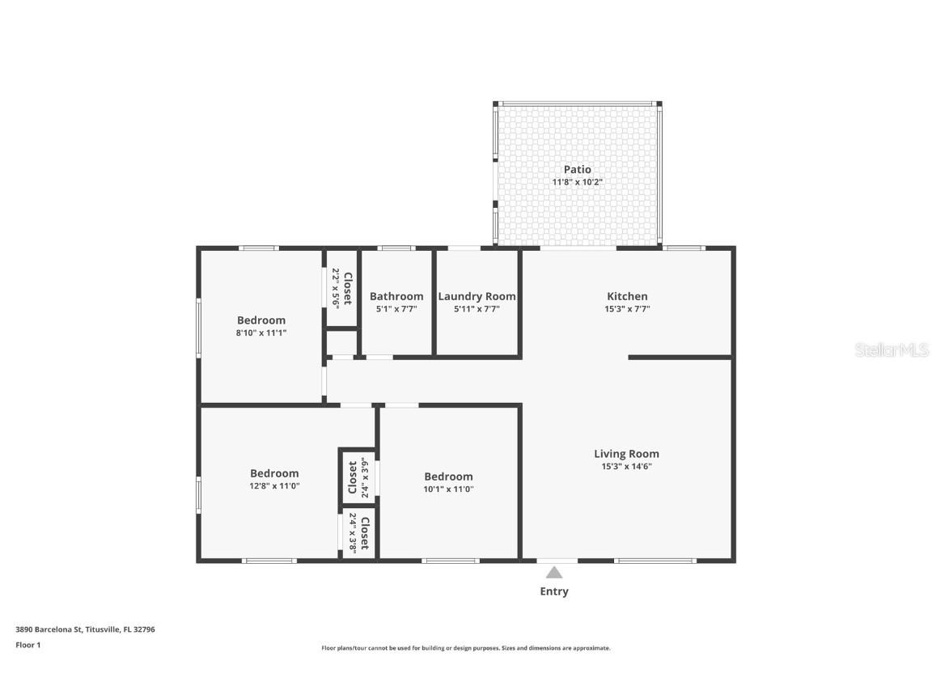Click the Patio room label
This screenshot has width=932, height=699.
[x=577, y=169]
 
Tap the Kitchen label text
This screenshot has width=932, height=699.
[x=627, y=296]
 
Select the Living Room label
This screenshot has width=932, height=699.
[x=626, y=454]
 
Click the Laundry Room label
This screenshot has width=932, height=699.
[x=477, y=296]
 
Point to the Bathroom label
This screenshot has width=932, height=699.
[x=396, y=296]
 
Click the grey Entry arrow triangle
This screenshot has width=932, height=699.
[x=553, y=572]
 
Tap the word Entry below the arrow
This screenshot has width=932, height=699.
[x=554, y=591]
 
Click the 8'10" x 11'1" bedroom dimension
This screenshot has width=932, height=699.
[x=261, y=333]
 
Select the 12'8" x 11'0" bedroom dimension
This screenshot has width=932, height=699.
[x=274, y=485]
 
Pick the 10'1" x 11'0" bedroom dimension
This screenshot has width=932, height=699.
[x=448, y=489]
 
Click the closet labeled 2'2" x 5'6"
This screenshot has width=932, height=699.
[x=341, y=288]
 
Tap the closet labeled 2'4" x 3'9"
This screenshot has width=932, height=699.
[x=358, y=477]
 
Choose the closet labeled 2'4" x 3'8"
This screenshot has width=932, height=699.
[x=358, y=532]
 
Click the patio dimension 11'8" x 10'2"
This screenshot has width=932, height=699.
[x=577, y=182]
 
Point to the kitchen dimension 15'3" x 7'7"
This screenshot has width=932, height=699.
[x=627, y=308]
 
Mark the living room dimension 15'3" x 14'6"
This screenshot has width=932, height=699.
[x=626, y=466]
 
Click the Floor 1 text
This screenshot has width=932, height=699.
[x=28, y=645]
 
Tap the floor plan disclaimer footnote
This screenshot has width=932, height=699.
[x=465, y=648]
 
